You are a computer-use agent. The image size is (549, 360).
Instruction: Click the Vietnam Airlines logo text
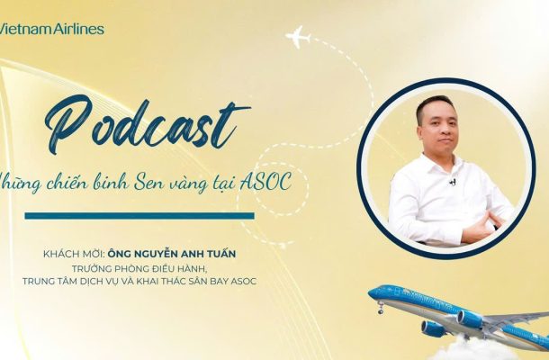pos(52,29)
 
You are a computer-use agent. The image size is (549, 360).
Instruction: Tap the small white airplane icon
pos(298,36)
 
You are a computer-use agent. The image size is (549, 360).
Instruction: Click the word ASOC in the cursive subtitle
pos(265,182)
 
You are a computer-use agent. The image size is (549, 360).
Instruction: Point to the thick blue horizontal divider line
pos(139,216)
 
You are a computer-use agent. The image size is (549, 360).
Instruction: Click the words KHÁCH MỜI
pos(73,253)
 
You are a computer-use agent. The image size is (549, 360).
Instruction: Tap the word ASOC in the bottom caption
pos(244,281)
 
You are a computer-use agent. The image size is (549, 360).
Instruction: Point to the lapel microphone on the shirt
pos(453,182)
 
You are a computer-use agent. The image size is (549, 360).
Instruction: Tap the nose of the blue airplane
pos(371,294)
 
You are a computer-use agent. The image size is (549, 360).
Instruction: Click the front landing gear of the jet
pos(381,309)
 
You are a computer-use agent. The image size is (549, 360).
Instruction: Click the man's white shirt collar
pos(444,162)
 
